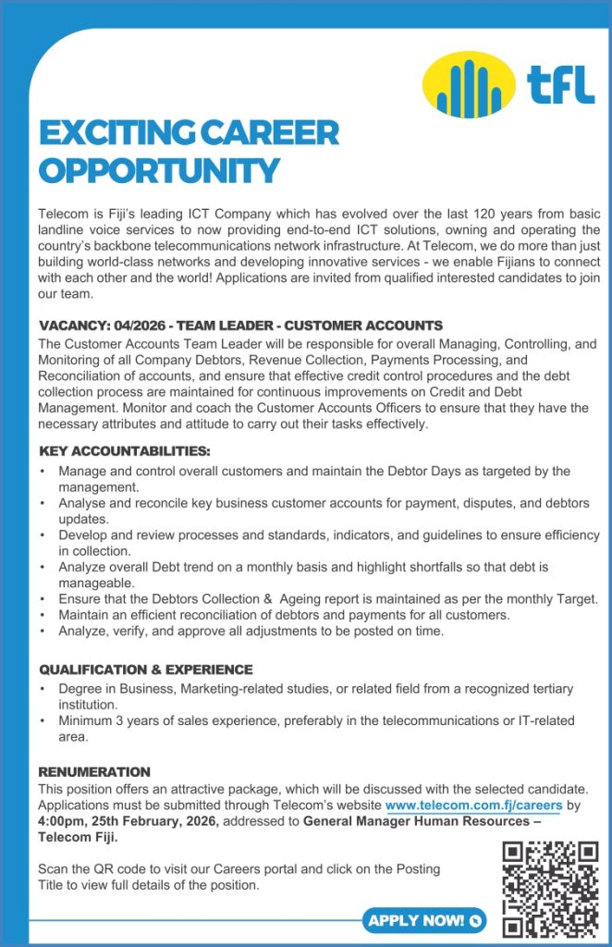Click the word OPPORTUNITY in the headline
click(159, 170)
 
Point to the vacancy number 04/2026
click(140, 326)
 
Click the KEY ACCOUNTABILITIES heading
click(125, 451)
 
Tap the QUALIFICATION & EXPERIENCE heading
click(145, 670)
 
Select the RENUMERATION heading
click(94, 771)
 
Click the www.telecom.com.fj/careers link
click(473, 806)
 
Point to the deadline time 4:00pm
click(64, 821)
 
